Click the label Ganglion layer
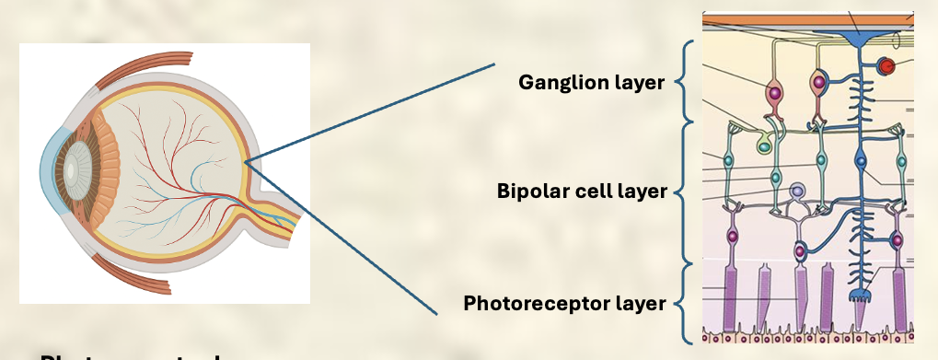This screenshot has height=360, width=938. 591,83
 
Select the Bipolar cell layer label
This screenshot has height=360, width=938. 581,192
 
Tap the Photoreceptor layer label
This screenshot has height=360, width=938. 564,303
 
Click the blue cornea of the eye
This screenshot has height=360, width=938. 47,174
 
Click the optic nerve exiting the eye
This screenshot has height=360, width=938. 281,222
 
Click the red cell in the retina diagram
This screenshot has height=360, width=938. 886,66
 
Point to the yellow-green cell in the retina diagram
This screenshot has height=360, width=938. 764,144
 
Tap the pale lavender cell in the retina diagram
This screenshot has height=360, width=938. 798,192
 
